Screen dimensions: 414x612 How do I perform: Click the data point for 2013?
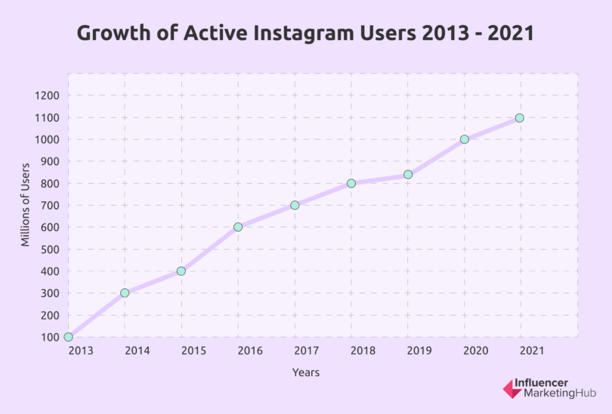[69, 337]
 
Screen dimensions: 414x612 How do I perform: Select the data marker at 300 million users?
[125, 293]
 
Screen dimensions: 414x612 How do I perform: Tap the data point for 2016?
[238, 227]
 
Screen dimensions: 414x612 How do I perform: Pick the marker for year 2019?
[408, 174]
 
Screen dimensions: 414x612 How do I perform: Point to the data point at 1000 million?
[465, 139]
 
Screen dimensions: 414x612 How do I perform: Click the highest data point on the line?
[520, 118]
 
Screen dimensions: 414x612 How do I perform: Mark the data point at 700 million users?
[295, 205]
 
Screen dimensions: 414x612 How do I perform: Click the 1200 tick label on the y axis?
[46, 96]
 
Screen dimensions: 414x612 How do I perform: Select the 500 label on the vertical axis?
[49, 249]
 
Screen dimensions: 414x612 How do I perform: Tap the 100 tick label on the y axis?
[49, 338]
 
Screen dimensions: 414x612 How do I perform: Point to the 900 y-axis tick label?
[49, 162]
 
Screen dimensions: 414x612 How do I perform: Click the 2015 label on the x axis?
[193, 350]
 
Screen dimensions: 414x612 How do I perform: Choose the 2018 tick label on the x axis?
[363, 350]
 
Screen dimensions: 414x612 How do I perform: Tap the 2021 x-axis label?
[533, 350]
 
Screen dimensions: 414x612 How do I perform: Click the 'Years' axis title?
[306, 372]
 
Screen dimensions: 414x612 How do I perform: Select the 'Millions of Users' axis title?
[26, 204]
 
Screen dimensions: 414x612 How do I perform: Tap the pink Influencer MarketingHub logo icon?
[511, 389]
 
